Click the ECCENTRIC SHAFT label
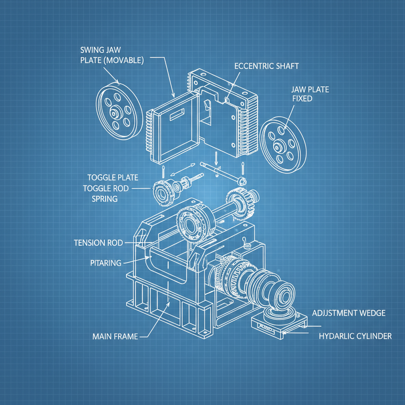(x=267, y=66)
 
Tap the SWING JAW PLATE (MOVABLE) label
(x=112, y=55)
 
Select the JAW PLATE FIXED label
(x=310, y=94)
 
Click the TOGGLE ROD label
(x=106, y=188)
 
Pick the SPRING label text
(x=104, y=199)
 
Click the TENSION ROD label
(x=98, y=242)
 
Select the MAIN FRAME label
(x=115, y=337)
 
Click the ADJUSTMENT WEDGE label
(x=348, y=313)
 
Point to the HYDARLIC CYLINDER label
(x=355, y=336)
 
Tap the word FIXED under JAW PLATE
(x=302, y=98)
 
